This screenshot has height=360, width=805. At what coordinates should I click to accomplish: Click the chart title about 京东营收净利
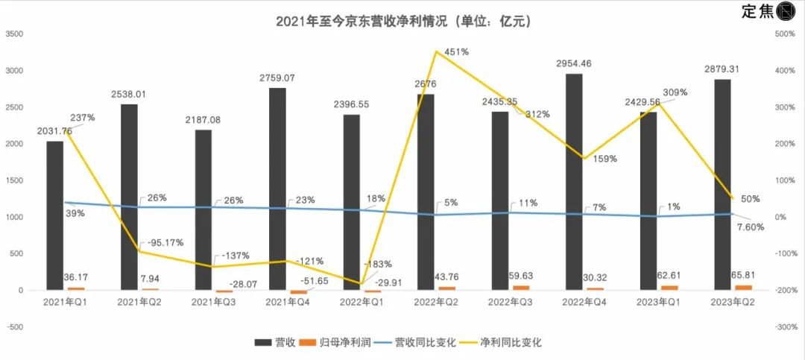(403, 22)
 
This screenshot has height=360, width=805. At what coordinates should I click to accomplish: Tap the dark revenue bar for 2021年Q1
(54, 215)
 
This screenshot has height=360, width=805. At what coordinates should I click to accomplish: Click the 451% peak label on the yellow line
(456, 52)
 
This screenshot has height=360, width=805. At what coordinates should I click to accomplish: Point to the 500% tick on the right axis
(786, 34)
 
